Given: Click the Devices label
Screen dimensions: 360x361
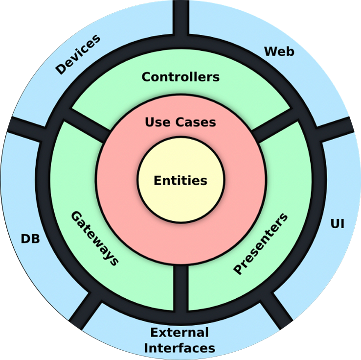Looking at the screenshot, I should pos(78,54).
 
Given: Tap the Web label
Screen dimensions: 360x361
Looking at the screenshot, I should pos(279,51).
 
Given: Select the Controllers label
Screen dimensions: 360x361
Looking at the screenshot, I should pos(180,77).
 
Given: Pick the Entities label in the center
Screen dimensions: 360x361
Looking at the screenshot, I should pos(180,180).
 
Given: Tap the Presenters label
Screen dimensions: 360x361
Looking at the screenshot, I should pos(260,244).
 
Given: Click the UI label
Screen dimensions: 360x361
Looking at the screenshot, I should pos(338,224).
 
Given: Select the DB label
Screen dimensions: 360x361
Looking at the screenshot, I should pos(30,239).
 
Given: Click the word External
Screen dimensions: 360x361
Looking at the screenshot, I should pos(180,333).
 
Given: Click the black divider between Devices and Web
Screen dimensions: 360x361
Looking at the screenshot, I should pos(180,17).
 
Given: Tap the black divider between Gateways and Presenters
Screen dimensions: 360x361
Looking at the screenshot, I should pos(180,289).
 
